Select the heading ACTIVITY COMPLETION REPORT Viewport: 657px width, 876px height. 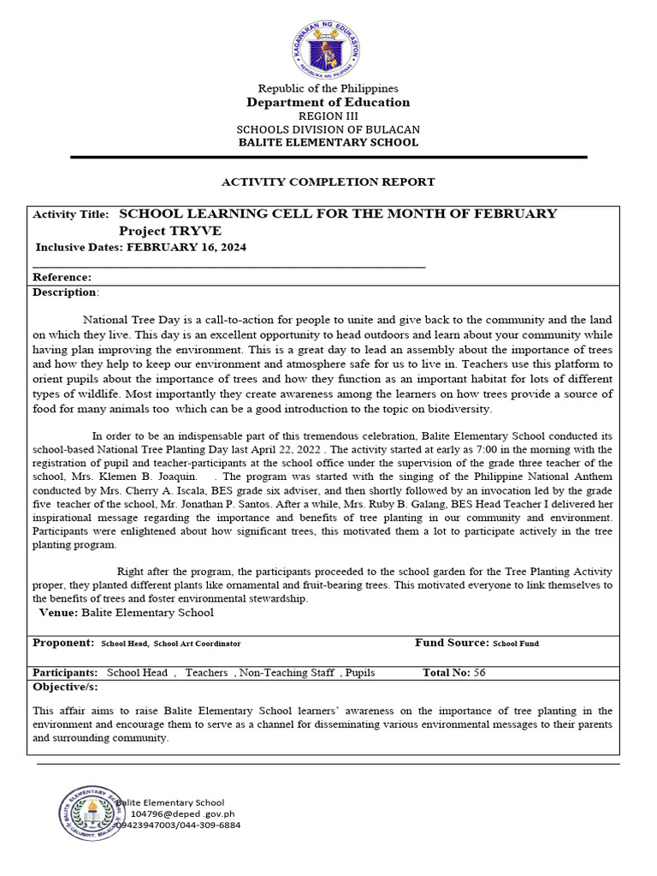328,182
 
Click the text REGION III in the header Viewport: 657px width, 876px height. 328,116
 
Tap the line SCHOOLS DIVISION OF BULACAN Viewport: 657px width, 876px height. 328,129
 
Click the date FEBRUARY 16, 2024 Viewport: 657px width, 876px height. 186,247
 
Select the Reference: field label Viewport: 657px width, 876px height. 62,277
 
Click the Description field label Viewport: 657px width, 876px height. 65,292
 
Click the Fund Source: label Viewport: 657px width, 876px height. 452,642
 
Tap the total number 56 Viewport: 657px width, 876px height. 479,673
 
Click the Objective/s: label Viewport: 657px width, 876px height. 65,687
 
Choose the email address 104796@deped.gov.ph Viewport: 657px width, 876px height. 181,814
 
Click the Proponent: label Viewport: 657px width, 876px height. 62,642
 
